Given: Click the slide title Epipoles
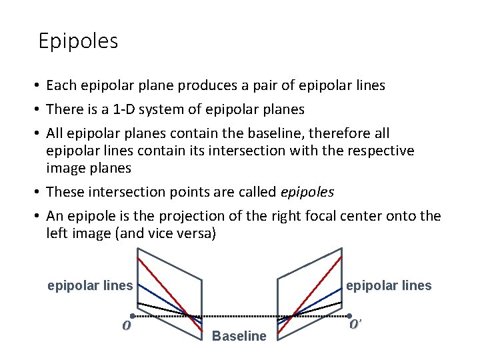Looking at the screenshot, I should pyautogui.click(x=78, y=41).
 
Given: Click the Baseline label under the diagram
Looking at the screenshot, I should pyautogui.click(x=239, y=336).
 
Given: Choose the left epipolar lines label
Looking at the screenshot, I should pyautogui.click(x=90, y=286).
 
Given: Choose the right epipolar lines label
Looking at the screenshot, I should pyautogui.click(x=388, y=286).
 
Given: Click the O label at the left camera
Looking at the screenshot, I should pyautogui.click(x=125, y=326).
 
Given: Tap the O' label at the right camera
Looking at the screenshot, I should pyautogui.click(x=355, y=325).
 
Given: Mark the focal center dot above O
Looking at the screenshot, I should pyautogui.click(x=133, y=315).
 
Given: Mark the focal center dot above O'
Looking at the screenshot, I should pyautogui.click(x=350, y=315).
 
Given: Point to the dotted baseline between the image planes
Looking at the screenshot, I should pyautogui.click(x=240, y=315).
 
